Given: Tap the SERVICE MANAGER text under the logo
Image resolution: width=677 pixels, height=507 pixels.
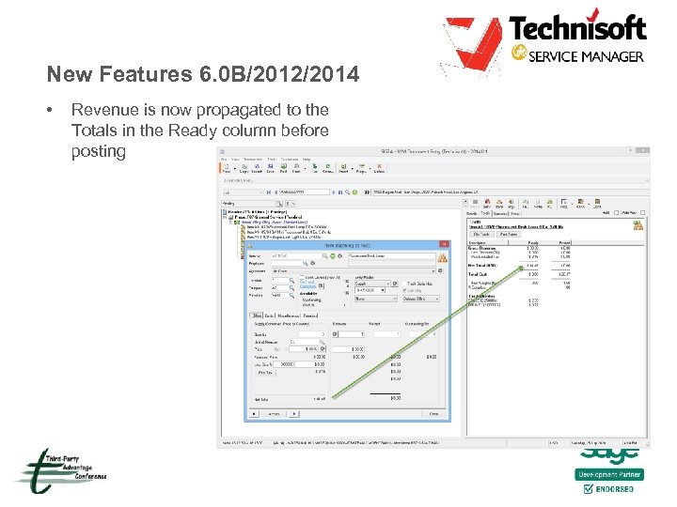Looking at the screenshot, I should (x=588, y=56).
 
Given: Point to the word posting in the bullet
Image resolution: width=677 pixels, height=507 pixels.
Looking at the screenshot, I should (x=98, y=151).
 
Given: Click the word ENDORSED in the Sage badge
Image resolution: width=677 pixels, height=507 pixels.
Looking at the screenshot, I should (x=615, y=489).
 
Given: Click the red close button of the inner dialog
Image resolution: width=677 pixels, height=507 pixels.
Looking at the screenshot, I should (x=442, y=243).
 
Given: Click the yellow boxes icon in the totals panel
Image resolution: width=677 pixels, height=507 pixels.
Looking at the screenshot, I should (x=638, y=225).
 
